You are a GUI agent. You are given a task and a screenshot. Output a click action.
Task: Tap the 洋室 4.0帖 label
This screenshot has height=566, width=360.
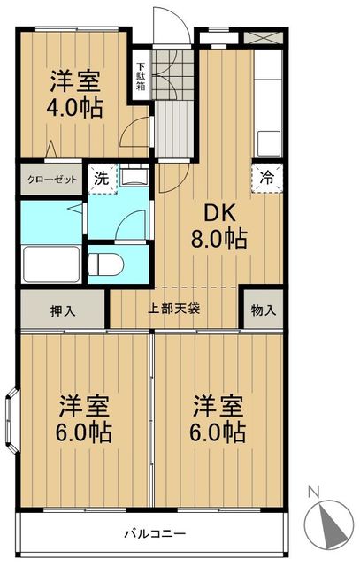74,93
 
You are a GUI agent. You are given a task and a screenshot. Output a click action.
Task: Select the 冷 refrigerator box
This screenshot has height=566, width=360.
267,175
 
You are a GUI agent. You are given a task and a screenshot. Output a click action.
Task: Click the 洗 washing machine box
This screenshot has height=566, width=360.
102,177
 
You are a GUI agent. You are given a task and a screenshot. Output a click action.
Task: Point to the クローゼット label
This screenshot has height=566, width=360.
51,179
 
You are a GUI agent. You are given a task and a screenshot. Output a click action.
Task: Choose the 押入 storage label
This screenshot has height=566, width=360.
62,310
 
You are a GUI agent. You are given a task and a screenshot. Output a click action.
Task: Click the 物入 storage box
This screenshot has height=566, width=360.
263,310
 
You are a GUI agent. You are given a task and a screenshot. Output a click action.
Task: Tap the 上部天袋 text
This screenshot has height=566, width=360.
173,310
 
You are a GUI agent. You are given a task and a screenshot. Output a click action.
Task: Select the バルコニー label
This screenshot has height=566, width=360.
154,534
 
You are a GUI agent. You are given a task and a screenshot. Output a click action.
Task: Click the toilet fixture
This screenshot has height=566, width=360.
106,264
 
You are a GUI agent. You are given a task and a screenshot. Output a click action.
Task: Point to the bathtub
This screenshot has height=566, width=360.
51,264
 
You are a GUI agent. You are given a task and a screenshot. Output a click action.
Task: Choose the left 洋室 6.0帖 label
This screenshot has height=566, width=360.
84,420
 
